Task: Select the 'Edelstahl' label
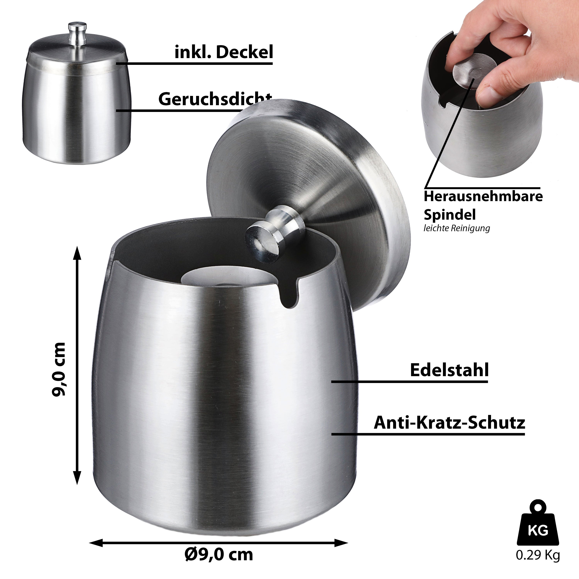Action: (449, 370)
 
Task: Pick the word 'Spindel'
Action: (449, 215)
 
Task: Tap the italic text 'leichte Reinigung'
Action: (457, 228)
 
